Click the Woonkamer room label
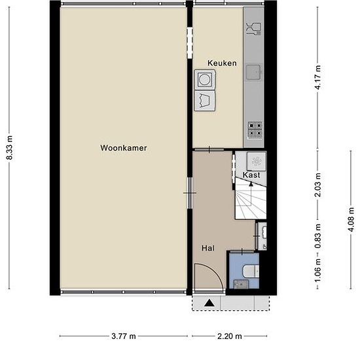124,148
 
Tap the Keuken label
222,63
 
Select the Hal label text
208,248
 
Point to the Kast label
251,175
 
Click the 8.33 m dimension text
9,147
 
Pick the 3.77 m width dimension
124,336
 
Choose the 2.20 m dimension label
230,336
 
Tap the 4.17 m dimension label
318,77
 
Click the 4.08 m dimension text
351,219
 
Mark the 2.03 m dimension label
318,185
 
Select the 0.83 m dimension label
318,236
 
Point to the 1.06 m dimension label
318,270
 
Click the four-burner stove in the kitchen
255,130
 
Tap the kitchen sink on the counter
254,72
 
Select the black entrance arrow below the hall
209,303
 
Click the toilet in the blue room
251,271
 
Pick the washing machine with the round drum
205,79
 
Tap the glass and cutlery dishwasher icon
254,28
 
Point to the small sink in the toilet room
241,284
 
